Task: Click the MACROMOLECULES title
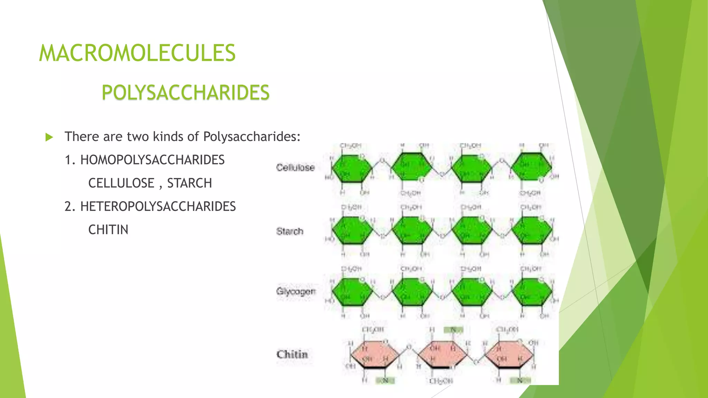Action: click(137, 53)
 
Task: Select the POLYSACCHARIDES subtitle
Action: click(185, 93)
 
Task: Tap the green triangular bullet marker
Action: click(49, 137)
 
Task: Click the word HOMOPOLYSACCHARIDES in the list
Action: click(152, 160)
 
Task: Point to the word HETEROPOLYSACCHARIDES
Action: click(158, 207)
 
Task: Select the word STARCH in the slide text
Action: click(189, 183)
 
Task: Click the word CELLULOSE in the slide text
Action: click(121, 183)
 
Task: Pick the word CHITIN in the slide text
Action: click(108, 230)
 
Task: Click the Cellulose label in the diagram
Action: click(295, 168)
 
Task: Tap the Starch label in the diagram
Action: click(290, 231)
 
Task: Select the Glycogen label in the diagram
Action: click(296, 291)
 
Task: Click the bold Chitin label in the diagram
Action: click(292, 354)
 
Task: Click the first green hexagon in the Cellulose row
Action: click(352, 168)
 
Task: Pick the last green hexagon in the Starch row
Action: click(532, 230)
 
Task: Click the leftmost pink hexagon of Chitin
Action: click(375, 355)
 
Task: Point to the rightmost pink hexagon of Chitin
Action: click(509, 355)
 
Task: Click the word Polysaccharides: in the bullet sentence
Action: click(252, 137)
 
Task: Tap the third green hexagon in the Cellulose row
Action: click(472, 168)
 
